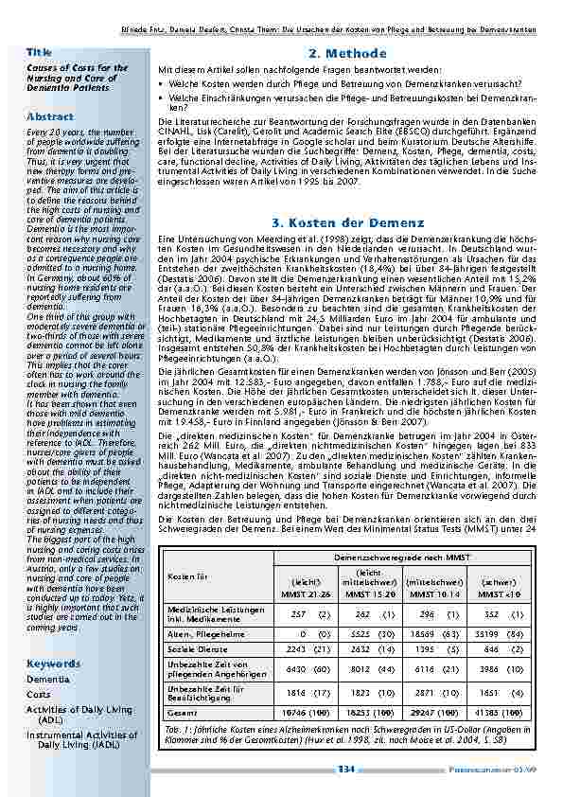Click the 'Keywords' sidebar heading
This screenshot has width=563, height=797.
tap(53, 664)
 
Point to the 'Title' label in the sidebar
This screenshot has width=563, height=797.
tap(39, 51)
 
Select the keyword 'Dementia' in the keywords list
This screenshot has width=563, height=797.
tap(47, 680)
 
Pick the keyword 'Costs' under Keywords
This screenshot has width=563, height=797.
tap(39, 694)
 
